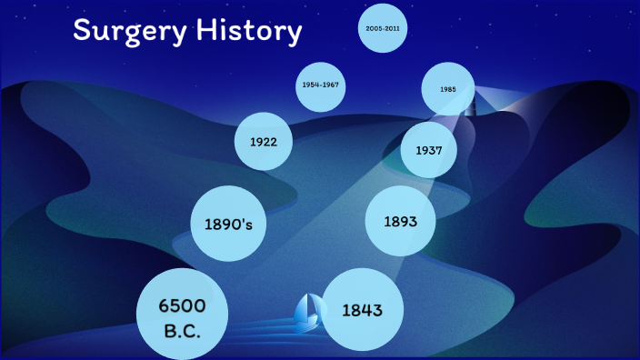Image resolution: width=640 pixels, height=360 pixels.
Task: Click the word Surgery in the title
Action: pos(121,33)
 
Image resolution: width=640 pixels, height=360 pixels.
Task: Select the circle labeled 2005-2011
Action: pos(382,29)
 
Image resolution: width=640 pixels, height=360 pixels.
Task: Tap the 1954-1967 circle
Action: pos(323,85)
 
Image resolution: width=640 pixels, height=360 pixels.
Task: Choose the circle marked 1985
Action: pos(448,90)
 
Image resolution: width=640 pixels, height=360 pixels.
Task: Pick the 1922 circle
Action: pos(263,142)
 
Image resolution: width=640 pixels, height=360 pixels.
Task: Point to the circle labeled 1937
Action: pos(428,150)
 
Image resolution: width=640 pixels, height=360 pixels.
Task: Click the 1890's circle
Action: pos(228,224)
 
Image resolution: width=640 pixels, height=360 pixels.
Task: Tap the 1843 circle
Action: pos(361,310)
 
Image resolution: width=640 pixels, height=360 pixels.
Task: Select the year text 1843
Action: pos(361,310)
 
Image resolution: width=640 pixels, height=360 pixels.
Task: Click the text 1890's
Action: pos(228,224)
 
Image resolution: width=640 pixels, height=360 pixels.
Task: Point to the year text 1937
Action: pos(428,150)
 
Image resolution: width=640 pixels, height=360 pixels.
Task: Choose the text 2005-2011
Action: pos(382,29)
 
